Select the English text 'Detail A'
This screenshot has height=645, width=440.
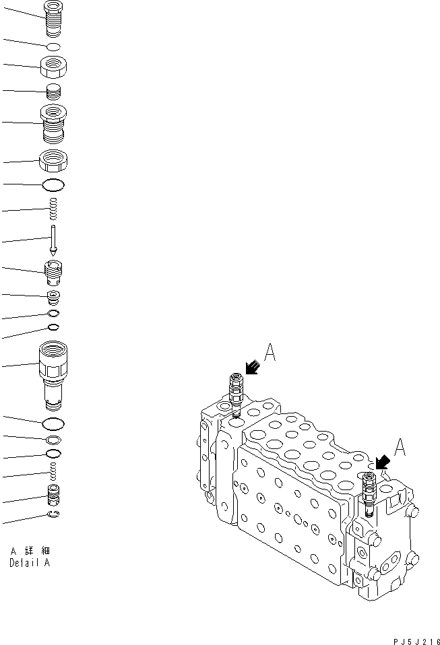click(x=29, y=564)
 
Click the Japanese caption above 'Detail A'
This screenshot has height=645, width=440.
click(x=30, y=551)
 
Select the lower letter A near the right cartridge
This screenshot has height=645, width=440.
click(x=399, y=447)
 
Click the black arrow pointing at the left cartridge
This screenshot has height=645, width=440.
click(x=252, y=366)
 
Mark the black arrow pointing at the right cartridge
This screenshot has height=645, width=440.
click(x=382, y=461)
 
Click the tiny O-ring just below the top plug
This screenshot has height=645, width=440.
click(x=53, y=46)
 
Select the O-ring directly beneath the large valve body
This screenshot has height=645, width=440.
click(x=53, y=423)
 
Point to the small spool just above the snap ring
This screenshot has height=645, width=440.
click(x=53, y=497)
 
